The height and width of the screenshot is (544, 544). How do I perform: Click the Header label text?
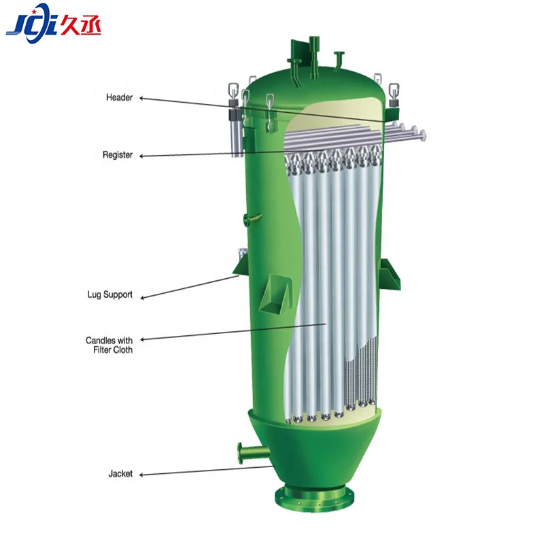119,98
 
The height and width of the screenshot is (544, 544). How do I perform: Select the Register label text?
117,155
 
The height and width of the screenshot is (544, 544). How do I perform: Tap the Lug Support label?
109,295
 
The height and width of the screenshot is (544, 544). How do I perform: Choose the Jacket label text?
120,473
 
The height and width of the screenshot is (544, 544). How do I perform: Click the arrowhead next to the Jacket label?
142,474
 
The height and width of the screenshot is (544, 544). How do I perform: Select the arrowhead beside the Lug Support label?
142,296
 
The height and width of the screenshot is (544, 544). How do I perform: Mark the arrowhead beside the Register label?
142,156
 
